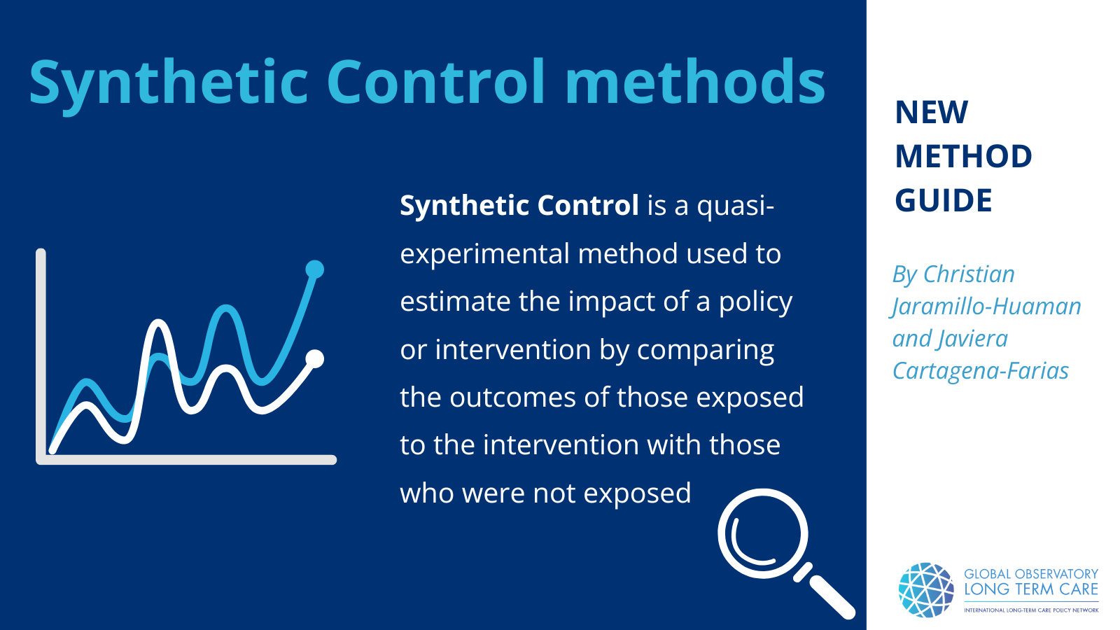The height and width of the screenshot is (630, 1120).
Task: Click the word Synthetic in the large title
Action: pyautogui.click(x=168, y=83)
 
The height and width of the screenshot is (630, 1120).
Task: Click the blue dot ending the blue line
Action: pyautogui.click(x=315, y=269)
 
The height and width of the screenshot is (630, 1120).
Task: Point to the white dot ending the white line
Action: pyautogui.click(x=315, y=359)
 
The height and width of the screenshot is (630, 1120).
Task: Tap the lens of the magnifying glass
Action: pyautogui.click(x=762, y=533)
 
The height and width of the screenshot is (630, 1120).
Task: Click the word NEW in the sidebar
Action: pyautogui.click(x=932, y=113)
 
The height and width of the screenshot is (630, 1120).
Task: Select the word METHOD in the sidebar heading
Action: pyautogui.click(x=963, y=157)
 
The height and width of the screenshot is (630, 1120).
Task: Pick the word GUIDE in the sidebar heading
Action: pyautogui.click(x=944, y=201)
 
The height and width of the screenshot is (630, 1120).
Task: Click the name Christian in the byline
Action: pyautogui.click(x=969, y=274)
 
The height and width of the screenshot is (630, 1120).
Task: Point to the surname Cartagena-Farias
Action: pyautogui.click(x=981, y=371)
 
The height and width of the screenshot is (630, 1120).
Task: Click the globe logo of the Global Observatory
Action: pyautogui.click(x=926, y=590)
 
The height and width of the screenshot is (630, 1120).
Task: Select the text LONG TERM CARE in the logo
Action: pyautogui.click(x=1031, y=589)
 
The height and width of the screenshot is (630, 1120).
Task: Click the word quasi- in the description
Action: pyautogui.click(x=736, y=206)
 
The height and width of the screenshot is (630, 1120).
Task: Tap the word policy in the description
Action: pyautogui.click(x=755, y=302)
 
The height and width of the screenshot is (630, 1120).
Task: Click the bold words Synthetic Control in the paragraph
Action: pyautogui.click(x=519, y=206)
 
